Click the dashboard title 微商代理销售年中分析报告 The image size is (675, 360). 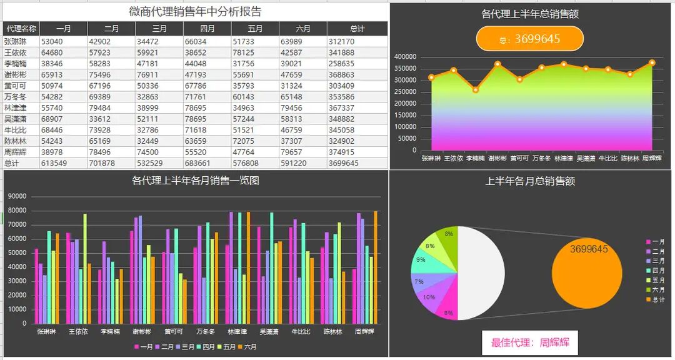click(195, 12)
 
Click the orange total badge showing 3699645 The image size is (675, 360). click(530, 39)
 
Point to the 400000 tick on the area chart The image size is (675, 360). click(406, 57)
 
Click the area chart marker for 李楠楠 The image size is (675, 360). click(476, 90)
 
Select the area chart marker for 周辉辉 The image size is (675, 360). click(652, 62)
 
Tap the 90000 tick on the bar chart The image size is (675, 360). click(17, 196)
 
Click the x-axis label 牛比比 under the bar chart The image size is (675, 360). click(301, 332)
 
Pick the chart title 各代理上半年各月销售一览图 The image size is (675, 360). click(195, 181)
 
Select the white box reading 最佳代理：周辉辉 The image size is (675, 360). click(530, 342)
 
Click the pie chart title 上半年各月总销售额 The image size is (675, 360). click(530, 181)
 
